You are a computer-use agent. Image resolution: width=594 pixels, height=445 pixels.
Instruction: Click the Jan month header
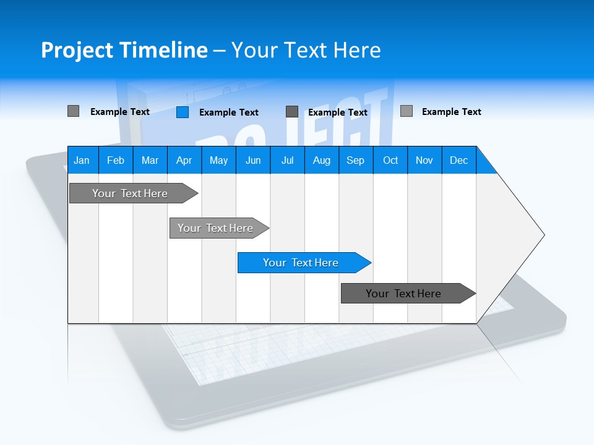pos(82,160)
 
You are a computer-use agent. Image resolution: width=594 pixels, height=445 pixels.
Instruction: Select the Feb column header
pos(116,160)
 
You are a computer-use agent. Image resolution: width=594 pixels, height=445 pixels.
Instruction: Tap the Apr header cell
pos(184,160)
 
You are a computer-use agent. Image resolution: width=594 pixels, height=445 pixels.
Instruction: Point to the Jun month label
pos(253,160)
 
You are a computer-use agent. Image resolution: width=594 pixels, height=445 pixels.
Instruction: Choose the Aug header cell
pos(322,160)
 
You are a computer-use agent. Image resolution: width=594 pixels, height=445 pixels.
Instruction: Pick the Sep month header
pos(356,160)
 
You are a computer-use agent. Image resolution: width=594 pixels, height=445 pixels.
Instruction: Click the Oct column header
pos(390,160)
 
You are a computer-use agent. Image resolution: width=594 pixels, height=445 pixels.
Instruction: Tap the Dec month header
pos(459,160)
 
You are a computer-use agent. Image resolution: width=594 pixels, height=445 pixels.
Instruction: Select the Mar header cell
pos(150,160)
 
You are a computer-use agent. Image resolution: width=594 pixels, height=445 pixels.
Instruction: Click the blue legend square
pos(183,112)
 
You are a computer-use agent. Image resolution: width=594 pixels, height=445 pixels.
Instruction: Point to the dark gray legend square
pos(292,112)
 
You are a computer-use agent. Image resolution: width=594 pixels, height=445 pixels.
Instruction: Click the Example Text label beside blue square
pos(229,112)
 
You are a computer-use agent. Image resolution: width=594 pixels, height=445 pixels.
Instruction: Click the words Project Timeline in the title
pos(124,50)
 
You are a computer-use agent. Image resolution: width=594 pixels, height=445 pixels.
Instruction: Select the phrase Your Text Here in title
pos(306,50)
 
